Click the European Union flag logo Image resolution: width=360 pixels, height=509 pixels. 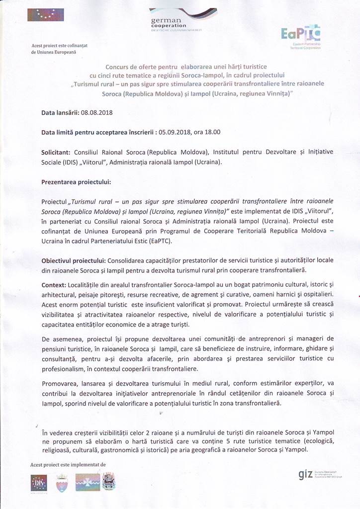pos(46,15)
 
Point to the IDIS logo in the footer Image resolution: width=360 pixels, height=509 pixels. pos(39,482)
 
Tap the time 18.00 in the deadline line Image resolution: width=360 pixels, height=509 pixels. pos(212,133)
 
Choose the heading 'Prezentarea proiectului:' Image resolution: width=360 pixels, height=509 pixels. pos(76,182)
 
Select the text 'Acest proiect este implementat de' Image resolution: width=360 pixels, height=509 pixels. pos(68,464)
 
